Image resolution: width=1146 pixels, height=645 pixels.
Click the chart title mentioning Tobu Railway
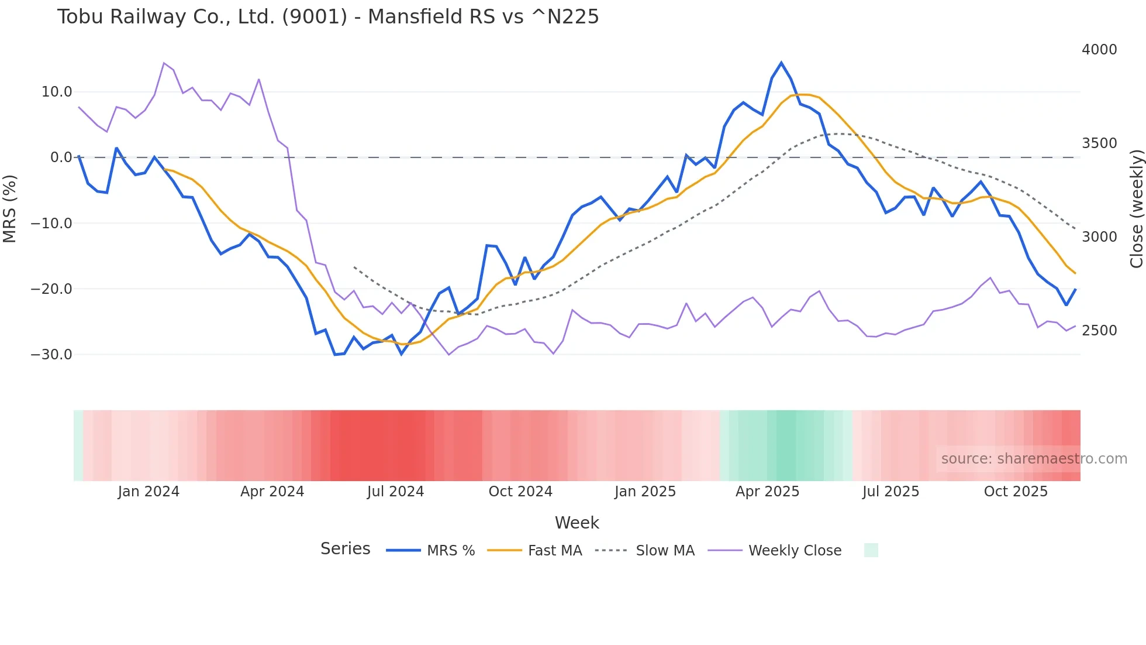pyautogui.click(x=328, y=17)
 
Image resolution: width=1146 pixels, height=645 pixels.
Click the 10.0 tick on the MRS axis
pyautogui.click(x=57, y=92)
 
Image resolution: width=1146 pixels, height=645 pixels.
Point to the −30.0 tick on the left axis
pyautogui.click(x=52, y=355)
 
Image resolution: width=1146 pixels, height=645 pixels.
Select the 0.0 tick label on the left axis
pyautogui.click(x=61, y=157)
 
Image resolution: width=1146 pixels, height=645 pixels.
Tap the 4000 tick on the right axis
pyautogui.click(x=1099, y=50)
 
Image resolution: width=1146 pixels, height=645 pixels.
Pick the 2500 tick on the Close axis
pyautogui.click(x=1099, y=331)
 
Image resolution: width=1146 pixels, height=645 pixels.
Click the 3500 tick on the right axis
pyautogui.click(x=1099, y=143)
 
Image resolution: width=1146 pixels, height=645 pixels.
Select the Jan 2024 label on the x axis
pyautogui.click(x=149, y=492)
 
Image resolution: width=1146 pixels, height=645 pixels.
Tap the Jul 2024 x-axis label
pyautogui.click(x=395, y=492)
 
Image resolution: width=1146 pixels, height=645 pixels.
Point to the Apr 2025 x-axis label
pyautogui.click(x=767, y=492)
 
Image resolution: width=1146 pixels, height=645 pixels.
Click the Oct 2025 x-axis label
pyautogui.click(x=1016, y=492)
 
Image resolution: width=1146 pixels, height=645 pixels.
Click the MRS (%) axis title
pyautogui.click(x=10, y=209)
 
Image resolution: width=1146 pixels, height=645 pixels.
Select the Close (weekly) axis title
pyautogui.click(x=1136, y=209)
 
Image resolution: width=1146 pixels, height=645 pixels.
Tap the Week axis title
pyautogui.click(x=577, y=523)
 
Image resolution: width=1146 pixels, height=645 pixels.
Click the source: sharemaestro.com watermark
pyautogui.click(x=1034, y=459)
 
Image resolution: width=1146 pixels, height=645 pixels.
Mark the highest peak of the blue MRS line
pyautogui.click(x=781, y=63)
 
